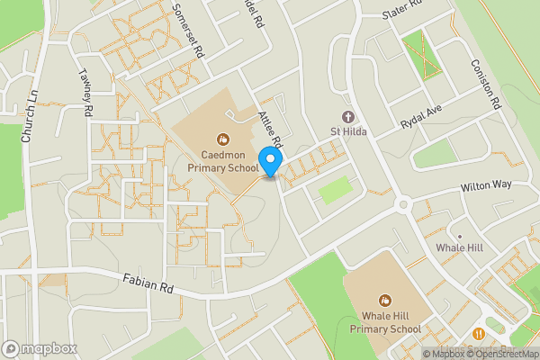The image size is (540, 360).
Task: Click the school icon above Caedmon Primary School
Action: (223, 139)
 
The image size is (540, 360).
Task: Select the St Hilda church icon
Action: (348, 117)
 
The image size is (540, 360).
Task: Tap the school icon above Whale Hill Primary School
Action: (385, 301)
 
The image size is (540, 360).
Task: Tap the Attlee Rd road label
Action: (271, 131)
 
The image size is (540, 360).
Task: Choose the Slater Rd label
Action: (401, 10)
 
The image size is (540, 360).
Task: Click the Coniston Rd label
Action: (484, 85)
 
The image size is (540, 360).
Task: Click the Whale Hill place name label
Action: (460, 247)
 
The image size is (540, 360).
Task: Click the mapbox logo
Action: (39, 347)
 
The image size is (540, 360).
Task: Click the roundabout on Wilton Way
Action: (403, 205)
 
